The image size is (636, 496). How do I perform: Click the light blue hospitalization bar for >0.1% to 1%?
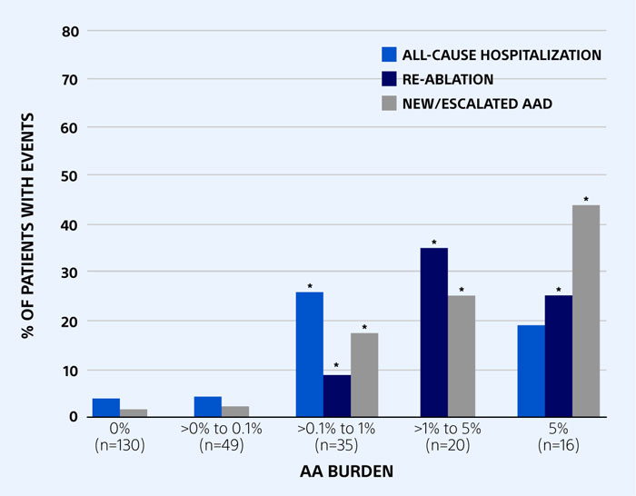click(310, 354)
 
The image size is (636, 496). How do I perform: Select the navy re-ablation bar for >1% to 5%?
click(434, 332)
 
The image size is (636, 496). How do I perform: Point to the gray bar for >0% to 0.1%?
click(235, 412)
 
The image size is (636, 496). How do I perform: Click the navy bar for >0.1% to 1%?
click(337, 396)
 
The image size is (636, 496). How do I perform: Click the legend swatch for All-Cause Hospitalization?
click(390, 55)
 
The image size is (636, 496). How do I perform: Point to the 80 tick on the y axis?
click(71, 31)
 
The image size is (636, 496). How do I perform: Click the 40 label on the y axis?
click(71, 224)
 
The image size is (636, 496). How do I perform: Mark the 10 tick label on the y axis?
click(71, 370)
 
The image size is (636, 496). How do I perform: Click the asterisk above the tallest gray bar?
click(586, 200)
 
